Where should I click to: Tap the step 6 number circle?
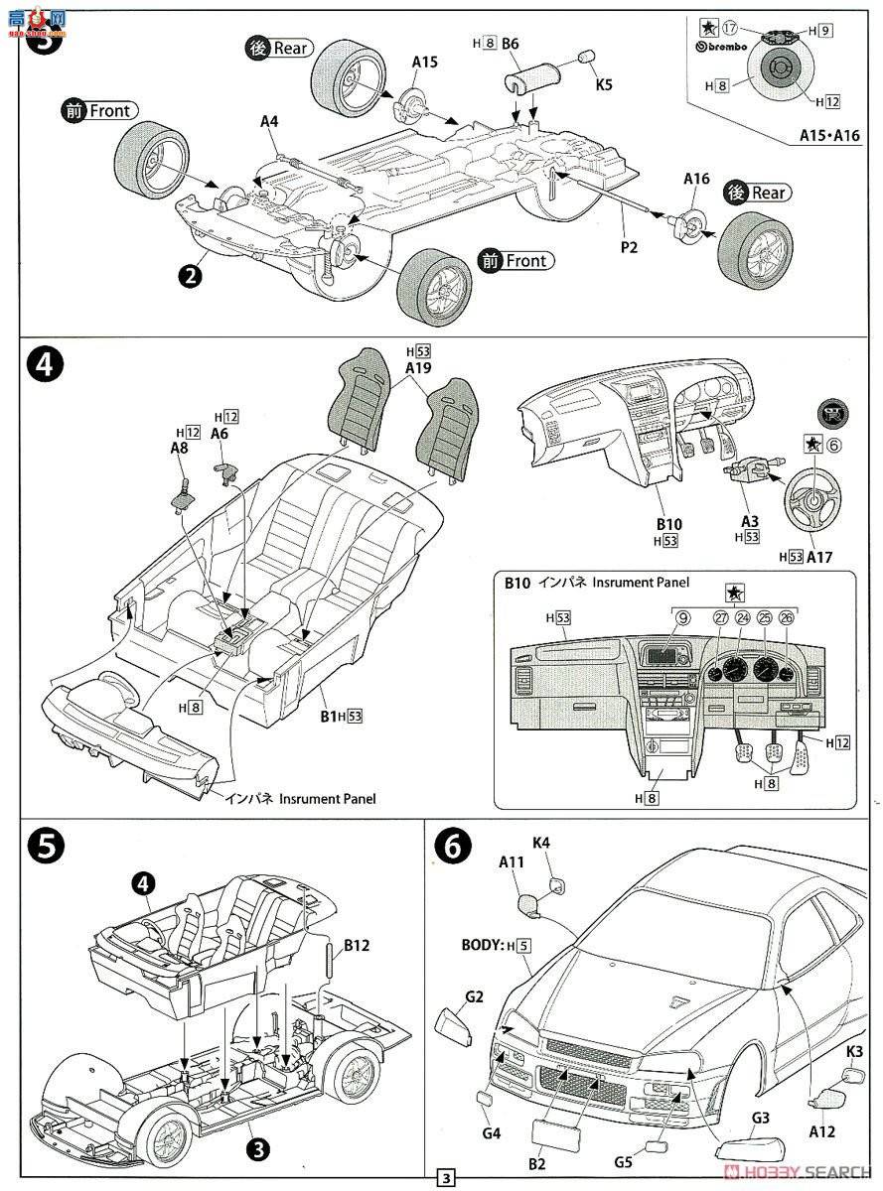click(453, 846)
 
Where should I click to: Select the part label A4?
click(269, 122)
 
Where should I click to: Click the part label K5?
click(604, 85)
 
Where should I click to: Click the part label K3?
click(855, 1050)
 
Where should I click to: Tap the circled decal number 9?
click(683, 617)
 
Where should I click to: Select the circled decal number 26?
click(787, 617)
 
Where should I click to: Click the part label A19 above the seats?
click(418, 366)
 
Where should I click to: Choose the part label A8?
click(179, 448)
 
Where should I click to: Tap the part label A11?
click(511, 863)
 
